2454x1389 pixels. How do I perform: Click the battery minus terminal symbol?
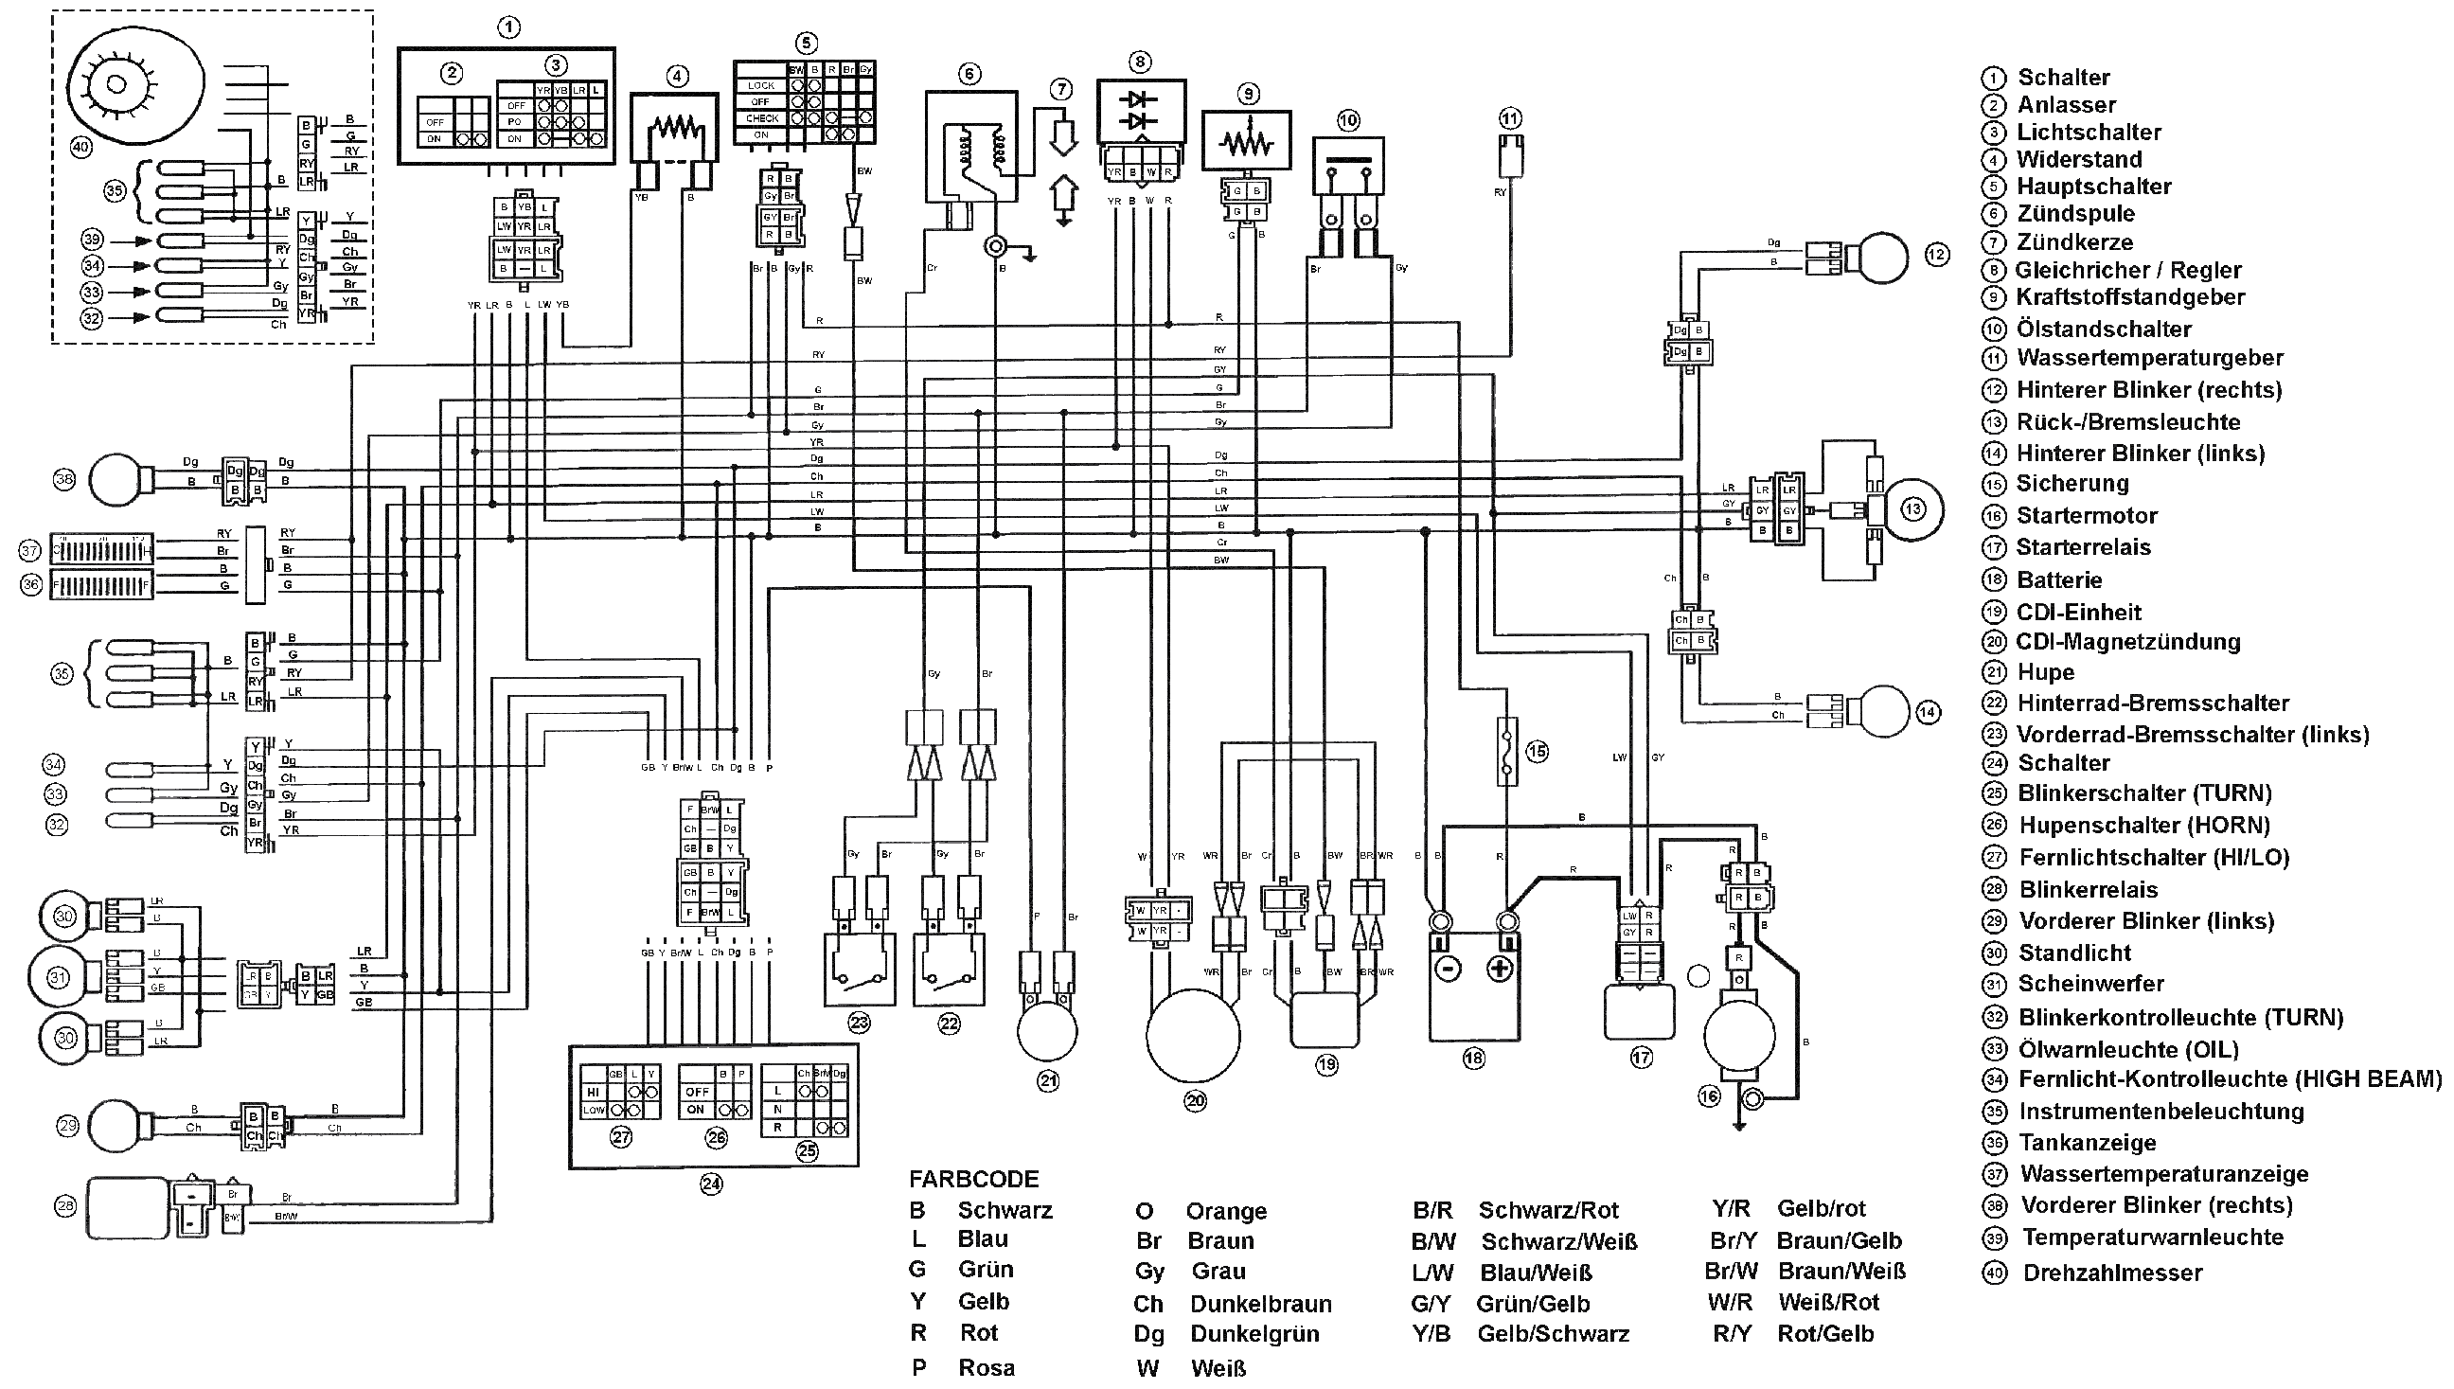tap(1447, 970)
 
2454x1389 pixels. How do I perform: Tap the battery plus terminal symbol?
tap(1501, 970)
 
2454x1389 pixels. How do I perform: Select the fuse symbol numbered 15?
tap(1507, 751)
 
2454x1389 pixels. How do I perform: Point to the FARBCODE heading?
tap(973, 1179)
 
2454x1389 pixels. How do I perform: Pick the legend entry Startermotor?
tap(2087, 516)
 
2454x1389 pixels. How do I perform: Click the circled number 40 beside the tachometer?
tap(81, 147)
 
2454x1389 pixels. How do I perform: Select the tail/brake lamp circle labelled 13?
tap(1912, 508)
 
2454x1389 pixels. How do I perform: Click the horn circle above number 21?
tap(1047, 1032)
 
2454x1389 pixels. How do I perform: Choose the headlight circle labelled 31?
tap(59, 978)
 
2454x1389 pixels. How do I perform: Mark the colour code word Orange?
tap(1225, 1211)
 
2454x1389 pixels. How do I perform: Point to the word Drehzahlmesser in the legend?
tap(2112, 1273)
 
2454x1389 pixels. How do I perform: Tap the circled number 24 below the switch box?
tap(712, 1184)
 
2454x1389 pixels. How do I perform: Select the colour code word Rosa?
tap(986, 1367)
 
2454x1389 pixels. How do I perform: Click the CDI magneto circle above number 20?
tap(1192, 1036)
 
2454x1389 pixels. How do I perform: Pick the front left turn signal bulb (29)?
tap(116, 1127)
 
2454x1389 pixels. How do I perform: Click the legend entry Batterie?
tap(2059, 580)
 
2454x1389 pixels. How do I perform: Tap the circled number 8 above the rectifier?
tap(1140, 62)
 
